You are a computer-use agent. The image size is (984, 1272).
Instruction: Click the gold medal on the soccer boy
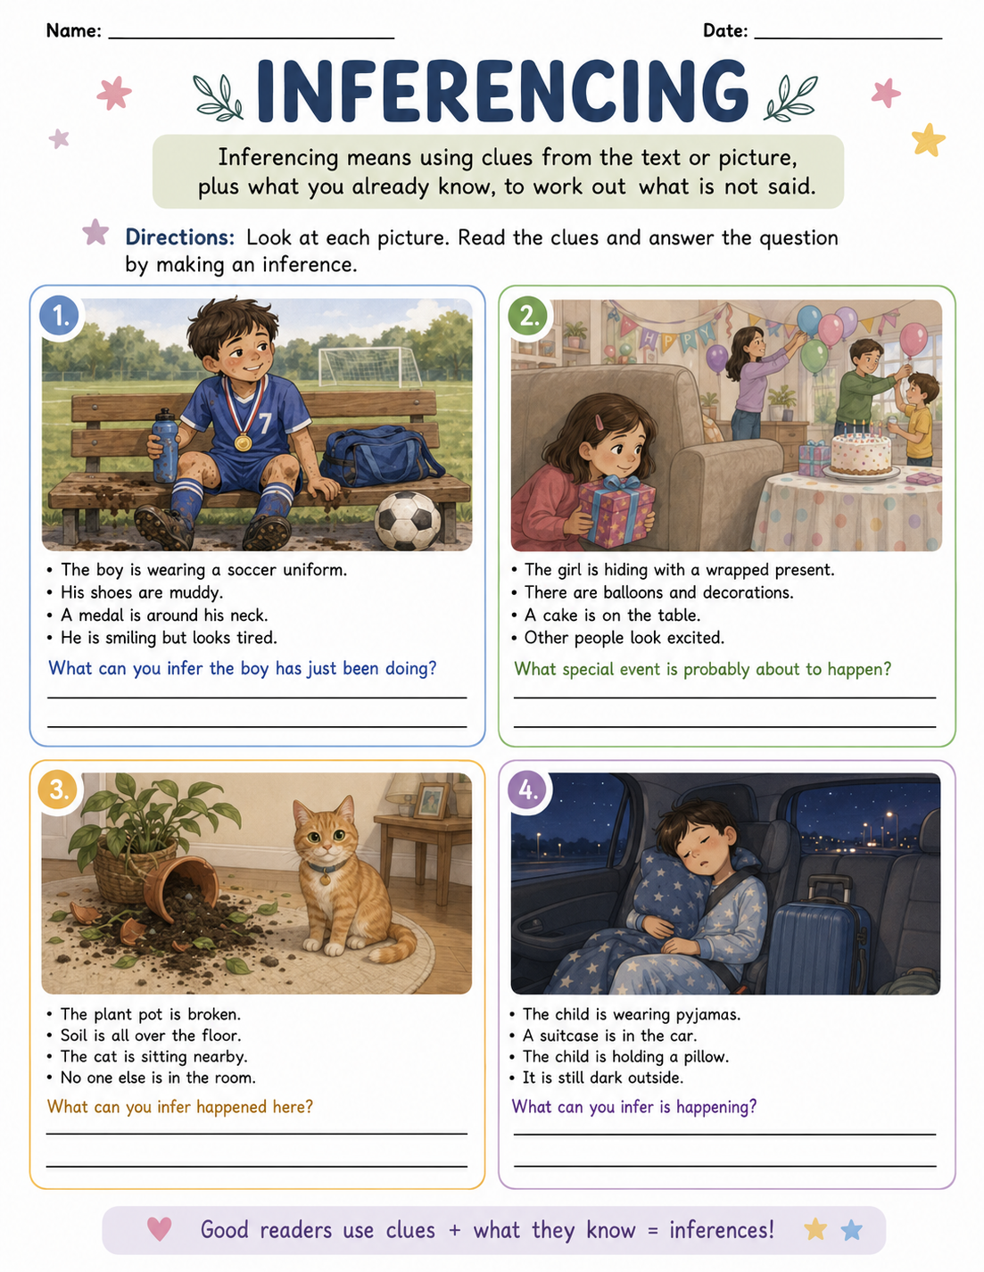(x=243, y=442)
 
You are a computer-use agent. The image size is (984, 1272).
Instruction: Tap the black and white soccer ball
(x=408, y=520)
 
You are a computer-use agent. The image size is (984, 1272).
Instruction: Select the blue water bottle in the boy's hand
(x=164, y=445)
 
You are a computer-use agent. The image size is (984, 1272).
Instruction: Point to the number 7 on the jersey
(x=265, y=422)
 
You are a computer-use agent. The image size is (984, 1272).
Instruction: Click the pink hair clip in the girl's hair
(x=600, y=421)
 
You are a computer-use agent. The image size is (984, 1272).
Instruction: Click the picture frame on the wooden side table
(x=432, y=799)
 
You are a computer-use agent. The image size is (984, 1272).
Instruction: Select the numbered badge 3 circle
(x=58, y=790)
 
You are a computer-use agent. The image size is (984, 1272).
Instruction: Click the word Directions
(x=179, y=237)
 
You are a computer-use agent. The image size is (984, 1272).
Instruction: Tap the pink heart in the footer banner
(x=159, y=1229)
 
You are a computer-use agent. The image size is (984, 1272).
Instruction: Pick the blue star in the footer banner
(x=851, y=1230)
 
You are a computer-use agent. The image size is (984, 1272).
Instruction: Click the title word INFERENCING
(x=502, y=91)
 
